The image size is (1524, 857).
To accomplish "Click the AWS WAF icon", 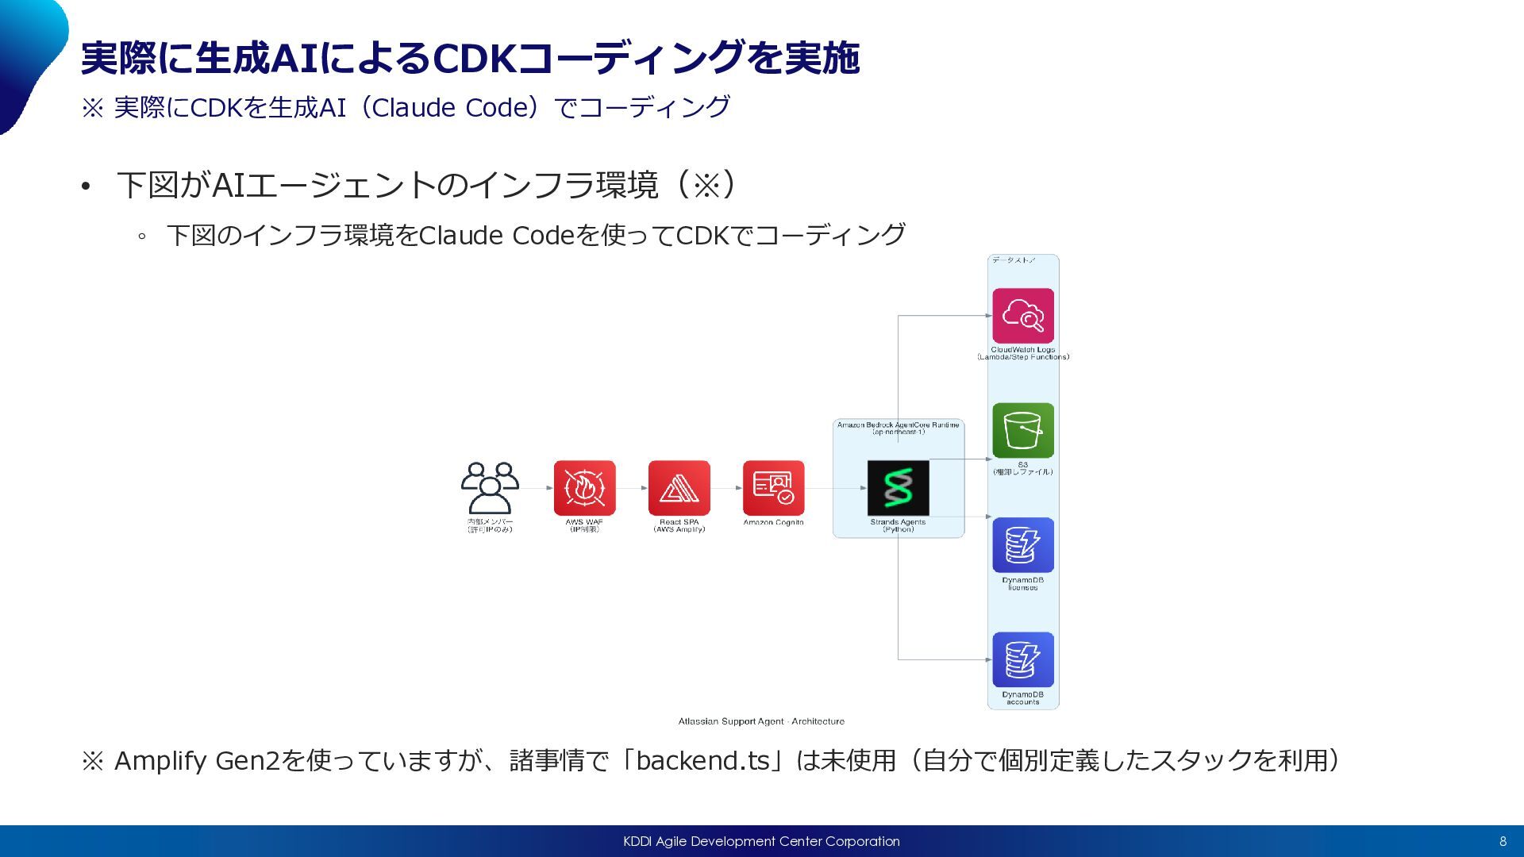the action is pyautogui.click(x=584, y=488).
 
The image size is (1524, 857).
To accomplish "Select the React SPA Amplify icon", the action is pyautogui.click(x=679, y=488).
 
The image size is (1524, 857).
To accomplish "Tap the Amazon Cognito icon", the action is pyautogui.click(x=773, y=488).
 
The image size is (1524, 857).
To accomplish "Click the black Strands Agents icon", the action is pyautogui.click(x=898, y=488).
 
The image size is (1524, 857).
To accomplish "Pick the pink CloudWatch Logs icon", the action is pyautogui.click(x=1022, y=316).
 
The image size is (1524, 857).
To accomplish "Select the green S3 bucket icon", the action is pyautogui.click(x=1022, y=430).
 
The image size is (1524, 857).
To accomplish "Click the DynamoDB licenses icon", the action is pyautogui.click(x=1022, y=545).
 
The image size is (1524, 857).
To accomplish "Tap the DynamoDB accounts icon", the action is pyautogui.click(x=1022, y=659).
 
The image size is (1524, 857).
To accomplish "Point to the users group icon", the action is pyautogui.click(x=490, y=488).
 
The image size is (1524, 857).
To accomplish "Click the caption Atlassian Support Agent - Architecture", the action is pyautogui.click(x=760, y=721).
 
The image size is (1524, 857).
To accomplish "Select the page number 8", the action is pyautogui.click(x=1503, y=841).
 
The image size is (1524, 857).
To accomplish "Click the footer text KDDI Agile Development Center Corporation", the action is pyautogui.click(x=761, y=841).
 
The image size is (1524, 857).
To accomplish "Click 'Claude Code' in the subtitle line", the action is pyautogui.click(x=450, y=107).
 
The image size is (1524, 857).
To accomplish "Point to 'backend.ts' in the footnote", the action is pyautogui.click(x=702, y=760).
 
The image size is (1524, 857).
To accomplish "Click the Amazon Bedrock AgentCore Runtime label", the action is pyautogui.click(x=898, y=425).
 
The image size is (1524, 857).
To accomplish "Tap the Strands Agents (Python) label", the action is pyautogui.click(x=898, y=525).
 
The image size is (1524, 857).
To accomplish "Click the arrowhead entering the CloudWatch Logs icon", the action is pyautogui.click(x=988, y=316).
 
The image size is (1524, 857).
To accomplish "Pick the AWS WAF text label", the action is pyautogui.click(x=584, y=522).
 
